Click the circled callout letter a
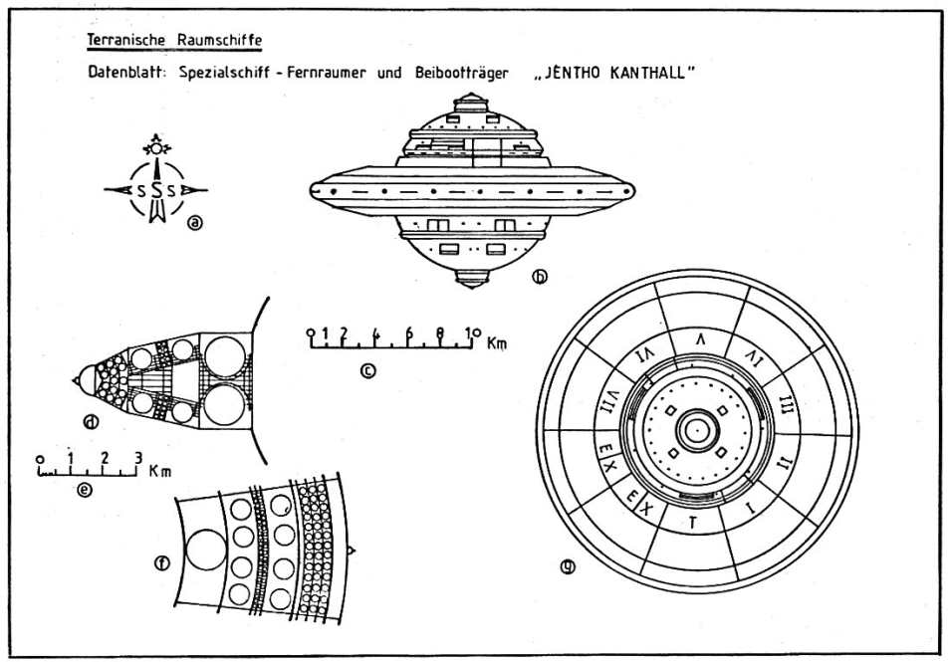pos(195,222)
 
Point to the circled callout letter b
pos(540,278)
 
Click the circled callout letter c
pos(367,371)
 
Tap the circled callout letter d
pos(92,421)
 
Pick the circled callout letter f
pos(161,563)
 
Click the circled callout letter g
pos(569,568)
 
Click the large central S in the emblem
pos(156,190)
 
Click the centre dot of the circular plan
pos(695,431)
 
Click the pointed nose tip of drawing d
pos(74,380)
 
